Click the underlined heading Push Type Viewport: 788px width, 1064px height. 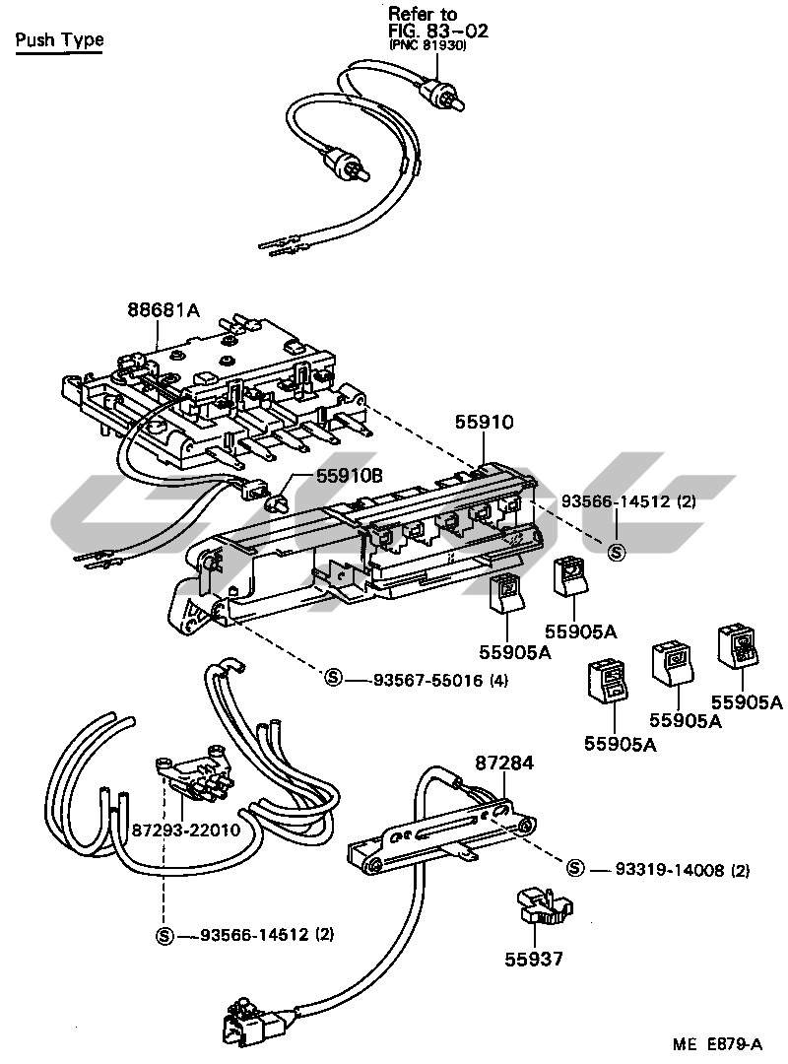(59, 40)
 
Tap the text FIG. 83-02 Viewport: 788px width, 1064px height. (438, 31)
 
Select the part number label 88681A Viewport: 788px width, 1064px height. (163, 310)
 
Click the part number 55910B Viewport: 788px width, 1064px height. (349, 477)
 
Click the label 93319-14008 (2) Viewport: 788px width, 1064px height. (683, 870)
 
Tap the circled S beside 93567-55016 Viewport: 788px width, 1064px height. (333, 679)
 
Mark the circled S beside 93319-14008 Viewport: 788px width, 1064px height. (576, 869)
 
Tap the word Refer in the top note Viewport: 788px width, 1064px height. (409, 14)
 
